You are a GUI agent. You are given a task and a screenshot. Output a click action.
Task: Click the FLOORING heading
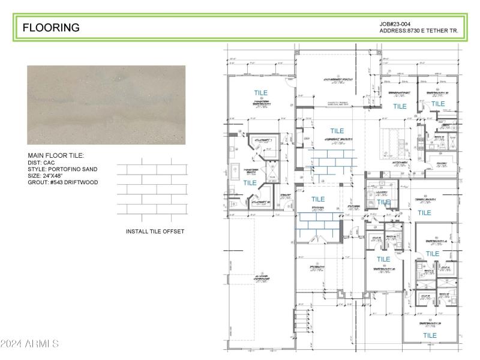coord(51,28)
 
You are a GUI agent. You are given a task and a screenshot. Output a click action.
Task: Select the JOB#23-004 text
coord(395,24)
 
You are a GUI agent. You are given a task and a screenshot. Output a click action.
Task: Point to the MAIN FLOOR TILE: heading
coord(56,156)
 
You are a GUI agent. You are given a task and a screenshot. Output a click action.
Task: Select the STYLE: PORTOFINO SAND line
coord(62,169)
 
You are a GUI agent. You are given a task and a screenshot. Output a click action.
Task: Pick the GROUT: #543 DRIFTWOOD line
coord(62,182)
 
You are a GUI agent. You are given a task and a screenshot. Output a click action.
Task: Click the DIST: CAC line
coord(41,163)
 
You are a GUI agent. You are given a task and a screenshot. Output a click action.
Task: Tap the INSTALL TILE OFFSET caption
coord(155,231)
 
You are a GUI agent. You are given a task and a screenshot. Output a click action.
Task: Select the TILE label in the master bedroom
coord(260,93)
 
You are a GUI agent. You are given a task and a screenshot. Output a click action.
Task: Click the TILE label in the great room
coord(337,131)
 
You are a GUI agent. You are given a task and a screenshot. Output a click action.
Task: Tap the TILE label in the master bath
coord(250,183)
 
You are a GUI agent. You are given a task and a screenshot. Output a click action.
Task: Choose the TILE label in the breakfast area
coord(400,106)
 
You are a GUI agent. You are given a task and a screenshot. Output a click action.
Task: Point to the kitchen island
coord(395,137)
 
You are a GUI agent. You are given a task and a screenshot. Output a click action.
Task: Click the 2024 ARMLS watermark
coord(29,344)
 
